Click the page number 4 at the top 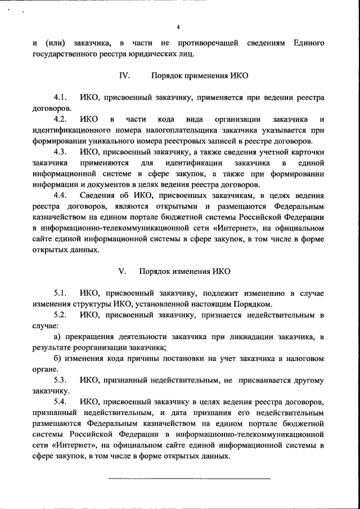(x=178, y=27)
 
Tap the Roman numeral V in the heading (x=121, y=271)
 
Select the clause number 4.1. (x=61, y=97)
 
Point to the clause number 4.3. (x=61, y=152)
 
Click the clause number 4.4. (x=61, y=195)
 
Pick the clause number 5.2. (x=61, y=315)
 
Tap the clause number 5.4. (x=61, y=402)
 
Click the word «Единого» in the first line (x=308, y=43)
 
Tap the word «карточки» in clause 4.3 (x=307, y=152)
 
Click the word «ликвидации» (x=243, y=337)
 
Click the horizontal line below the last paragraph (x=189, y=478)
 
